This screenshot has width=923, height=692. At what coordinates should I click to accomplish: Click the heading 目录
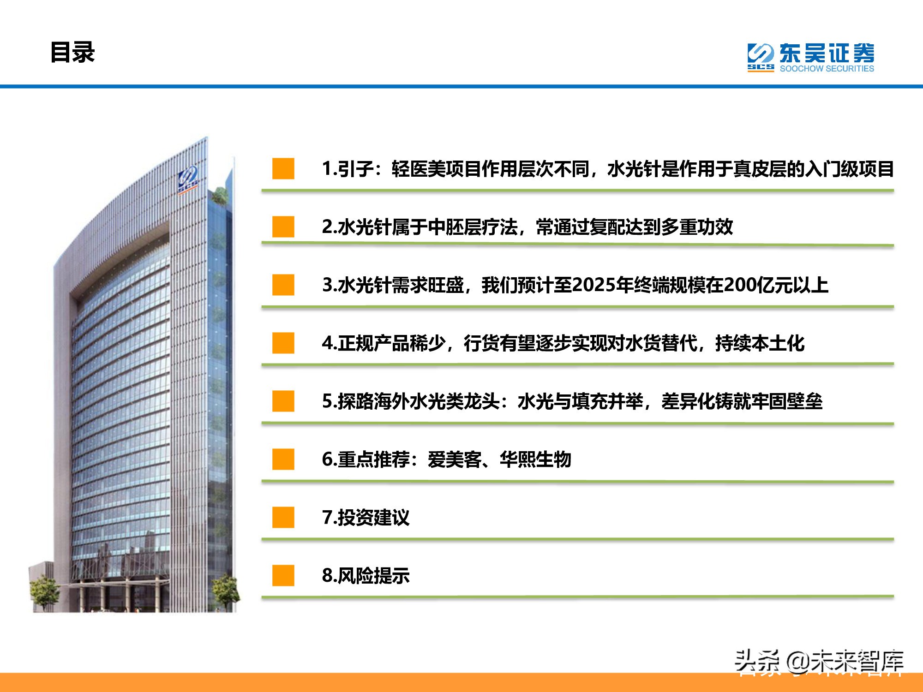pos(72,52)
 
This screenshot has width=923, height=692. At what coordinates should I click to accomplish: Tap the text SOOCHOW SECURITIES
pos(827,69)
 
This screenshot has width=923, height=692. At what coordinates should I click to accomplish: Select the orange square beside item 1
pos(283,169)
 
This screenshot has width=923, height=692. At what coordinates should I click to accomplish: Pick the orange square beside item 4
pos(283,343)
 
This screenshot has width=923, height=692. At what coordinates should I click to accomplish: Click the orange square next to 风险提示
pos(283,576)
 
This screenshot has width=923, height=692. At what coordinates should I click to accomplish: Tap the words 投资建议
pos(373,518)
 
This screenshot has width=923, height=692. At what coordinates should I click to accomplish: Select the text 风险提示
pos(373,576)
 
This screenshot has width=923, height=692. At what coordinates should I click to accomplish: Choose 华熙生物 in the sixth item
pos(535,459)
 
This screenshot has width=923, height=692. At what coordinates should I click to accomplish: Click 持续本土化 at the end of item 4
pos(760,343)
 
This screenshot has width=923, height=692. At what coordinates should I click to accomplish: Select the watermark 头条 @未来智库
pos(819,662)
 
